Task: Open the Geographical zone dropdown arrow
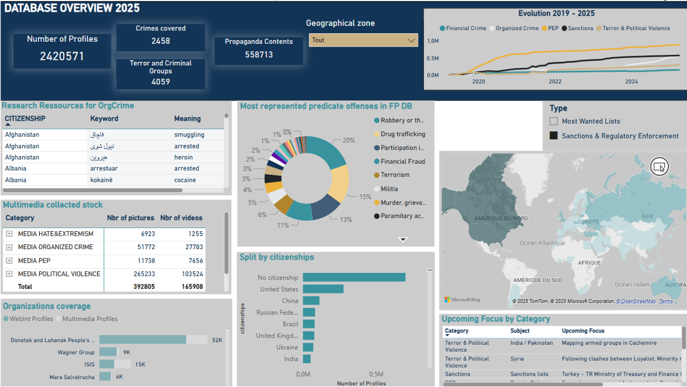pos(411,40)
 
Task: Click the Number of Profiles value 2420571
pos(62,56)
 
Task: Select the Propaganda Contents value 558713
pos(259,55)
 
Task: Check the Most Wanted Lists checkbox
pos(554,122)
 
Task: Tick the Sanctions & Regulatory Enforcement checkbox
pos(554,136)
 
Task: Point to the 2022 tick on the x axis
pos(555,82)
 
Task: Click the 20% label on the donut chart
pos(348,140)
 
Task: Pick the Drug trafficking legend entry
pos(403,134)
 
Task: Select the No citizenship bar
pos(354,277)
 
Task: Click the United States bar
pos(323,289)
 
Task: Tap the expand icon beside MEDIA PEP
pos(9,261)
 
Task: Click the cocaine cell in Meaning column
pos(185,180)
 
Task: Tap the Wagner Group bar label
pos(76,352)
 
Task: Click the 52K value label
pos(217,340)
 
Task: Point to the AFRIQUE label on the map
pos(589,263)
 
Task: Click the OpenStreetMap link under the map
pos(638,301)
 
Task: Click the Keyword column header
pos(104,119)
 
